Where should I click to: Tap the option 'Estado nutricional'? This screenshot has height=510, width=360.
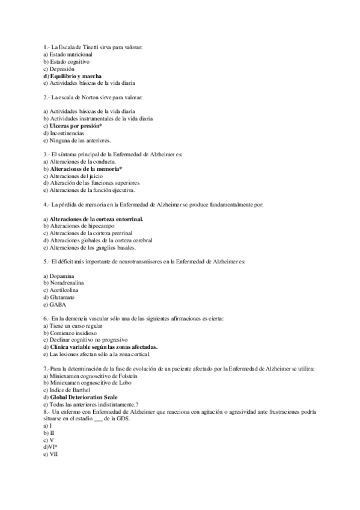(71, 54)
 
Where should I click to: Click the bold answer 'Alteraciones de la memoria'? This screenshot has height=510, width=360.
(85, 170)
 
